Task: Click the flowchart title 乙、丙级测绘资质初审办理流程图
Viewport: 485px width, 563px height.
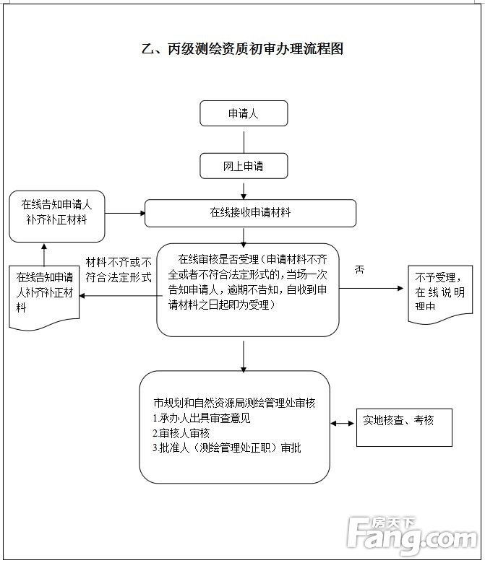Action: click(241, 49)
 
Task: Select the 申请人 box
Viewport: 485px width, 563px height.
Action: click(244, 113)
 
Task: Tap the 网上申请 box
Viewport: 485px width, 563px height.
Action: click(244, 166)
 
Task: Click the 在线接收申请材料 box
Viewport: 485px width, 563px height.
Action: click(250, 213)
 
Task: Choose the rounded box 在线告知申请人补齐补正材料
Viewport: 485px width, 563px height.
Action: click(56, 216)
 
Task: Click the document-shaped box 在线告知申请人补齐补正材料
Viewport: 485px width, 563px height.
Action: click(44, 296)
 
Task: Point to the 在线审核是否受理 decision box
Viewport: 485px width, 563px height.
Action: click(247, 289)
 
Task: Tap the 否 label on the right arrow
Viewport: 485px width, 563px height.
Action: click(359, 269)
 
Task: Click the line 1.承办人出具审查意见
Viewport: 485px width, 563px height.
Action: click(202, 419)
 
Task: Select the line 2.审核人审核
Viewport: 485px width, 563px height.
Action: click(181, 433)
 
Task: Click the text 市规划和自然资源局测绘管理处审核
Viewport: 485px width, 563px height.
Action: click(234, 403)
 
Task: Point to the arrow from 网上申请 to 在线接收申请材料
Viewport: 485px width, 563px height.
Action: click(244, 189)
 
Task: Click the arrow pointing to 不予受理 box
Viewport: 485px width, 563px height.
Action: click(372, 288)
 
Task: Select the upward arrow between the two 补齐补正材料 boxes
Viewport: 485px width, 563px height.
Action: click(43, 253)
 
